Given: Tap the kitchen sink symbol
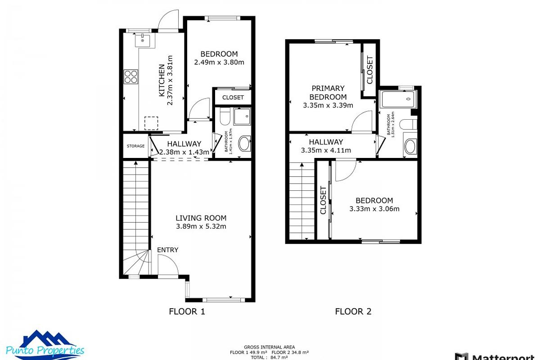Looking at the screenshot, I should coord(144,40).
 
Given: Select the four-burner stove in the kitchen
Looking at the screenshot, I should coord(131,76).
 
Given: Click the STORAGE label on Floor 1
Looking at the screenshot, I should coord(135,146).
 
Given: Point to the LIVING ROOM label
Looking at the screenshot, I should coord(201,218).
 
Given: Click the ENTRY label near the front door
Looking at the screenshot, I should coord(167,250).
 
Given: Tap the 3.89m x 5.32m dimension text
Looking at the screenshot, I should coord(201,226).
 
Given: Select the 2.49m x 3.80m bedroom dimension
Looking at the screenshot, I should coord(219,63).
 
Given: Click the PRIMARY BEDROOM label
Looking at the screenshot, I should coord(328,93).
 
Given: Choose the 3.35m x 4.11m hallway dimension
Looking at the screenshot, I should coord(326,150).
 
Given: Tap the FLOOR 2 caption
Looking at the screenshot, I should coord(353,311).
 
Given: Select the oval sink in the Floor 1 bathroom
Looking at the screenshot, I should coord(243,144).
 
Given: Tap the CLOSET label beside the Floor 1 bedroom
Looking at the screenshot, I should coord(233,97).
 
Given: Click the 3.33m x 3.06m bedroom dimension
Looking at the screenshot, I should coord(374,209).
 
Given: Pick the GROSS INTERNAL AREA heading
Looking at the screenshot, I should coord(269,347).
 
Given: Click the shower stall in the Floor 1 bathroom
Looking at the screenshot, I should coord(243,116).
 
